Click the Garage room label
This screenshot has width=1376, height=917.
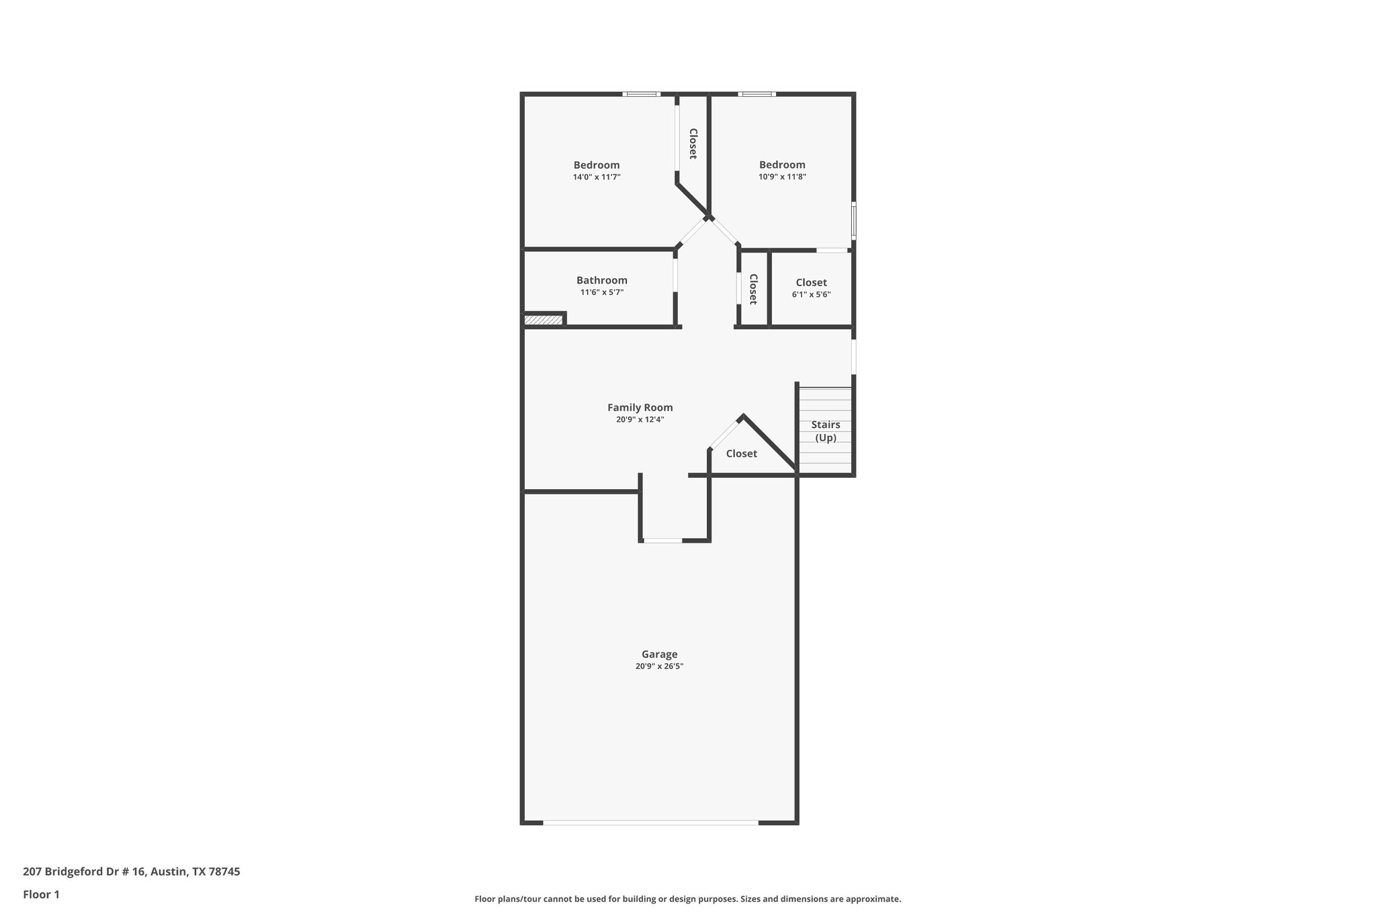click(x=659, y=654)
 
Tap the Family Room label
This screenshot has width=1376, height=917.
click(x=640, y=407)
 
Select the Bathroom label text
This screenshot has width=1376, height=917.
click(x=601, y=280)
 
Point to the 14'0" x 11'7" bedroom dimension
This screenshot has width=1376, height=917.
click(x=596, y=177)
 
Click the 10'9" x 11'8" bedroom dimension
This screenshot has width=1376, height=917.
click(x=782, y=177)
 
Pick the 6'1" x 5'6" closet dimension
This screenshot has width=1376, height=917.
click(x=811, y=294)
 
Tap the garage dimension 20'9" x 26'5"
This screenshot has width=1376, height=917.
click(x=659, y=666)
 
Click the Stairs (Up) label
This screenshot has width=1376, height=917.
click(x=825, y=431)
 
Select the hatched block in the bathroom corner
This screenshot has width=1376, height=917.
click(x=543, y=320)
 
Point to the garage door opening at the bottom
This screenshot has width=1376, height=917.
click(x=650, y=822)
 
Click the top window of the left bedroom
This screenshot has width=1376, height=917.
click(x=641, y=94)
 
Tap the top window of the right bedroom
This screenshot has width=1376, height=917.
click(x=757, y=94)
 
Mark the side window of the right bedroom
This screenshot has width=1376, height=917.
click(x=854, y=220)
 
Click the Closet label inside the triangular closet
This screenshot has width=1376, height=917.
click(x=741, y=453)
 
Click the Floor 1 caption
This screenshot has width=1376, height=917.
click(x=41, y=894)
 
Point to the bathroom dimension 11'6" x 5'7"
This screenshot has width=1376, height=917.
click(x=601, y=292)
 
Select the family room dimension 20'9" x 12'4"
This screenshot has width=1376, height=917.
click(x=640, y=419)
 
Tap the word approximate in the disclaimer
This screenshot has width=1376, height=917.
click(x=872, y=899)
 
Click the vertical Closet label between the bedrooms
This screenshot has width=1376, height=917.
click(x=693, y=144)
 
